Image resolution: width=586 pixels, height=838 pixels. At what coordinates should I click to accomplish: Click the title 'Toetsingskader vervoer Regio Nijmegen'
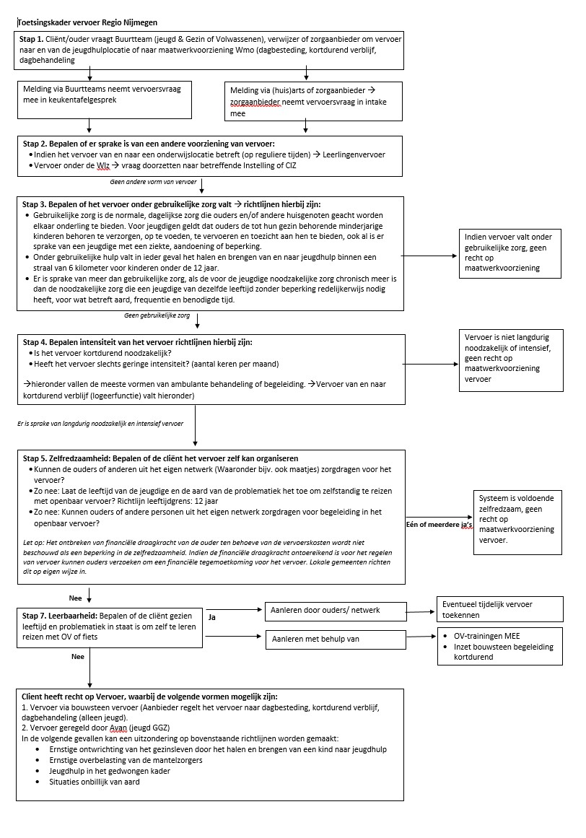click(x=87, y=23)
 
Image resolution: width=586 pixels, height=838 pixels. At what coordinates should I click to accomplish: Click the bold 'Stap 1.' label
click(x=34, y=38)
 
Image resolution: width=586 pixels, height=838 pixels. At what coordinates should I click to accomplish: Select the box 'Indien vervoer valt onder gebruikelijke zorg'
click(x=508, y=253)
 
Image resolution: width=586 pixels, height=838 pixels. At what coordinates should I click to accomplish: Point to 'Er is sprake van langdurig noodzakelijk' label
click(x=100, y=423)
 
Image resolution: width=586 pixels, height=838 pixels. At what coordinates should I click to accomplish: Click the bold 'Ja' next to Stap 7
click(x=212, y=618)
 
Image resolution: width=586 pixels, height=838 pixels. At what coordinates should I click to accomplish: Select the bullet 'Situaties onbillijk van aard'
click(x=95, y=781)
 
